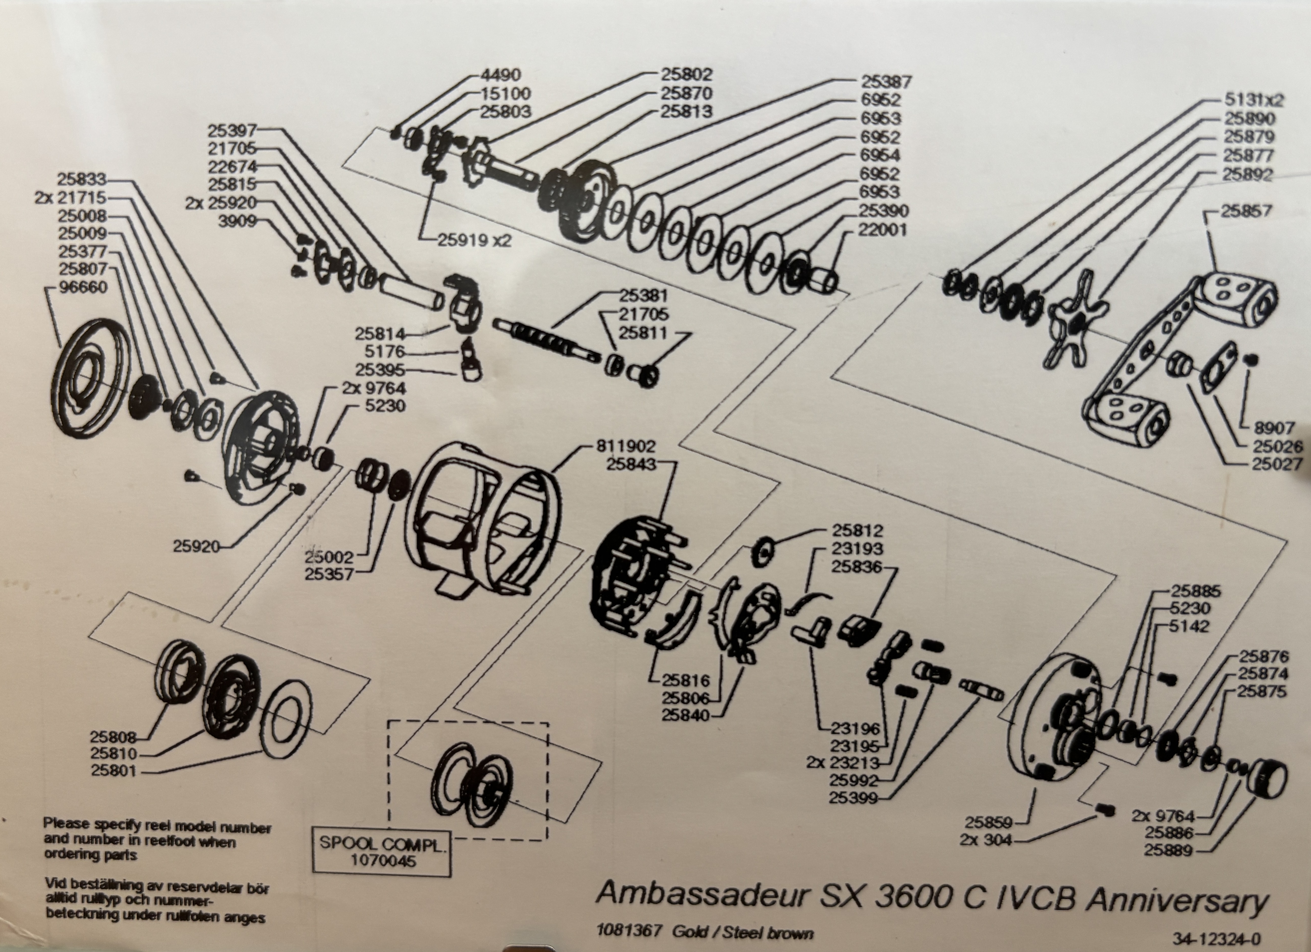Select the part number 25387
(x=886, y=82)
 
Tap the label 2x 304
(x=986, y=840)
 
